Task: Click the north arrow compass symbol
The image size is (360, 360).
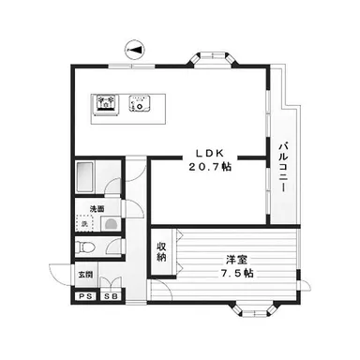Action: click(134, 50)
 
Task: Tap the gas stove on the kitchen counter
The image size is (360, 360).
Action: click(106, 104)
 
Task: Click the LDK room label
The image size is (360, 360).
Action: click(210, 153)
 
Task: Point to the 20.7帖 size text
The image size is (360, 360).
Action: click(210, 167)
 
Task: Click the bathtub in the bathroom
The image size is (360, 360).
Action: click(85, 177)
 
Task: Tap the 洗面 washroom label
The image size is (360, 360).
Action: click(97, 209)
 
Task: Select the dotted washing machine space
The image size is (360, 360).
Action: click(85, 223)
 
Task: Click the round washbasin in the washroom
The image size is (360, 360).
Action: click(111, 224)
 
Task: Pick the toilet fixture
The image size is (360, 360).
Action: click(85, 247)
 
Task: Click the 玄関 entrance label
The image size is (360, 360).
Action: click(85, 275)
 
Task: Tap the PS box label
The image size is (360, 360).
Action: click(85, 296)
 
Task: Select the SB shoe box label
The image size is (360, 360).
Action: click(112, 296)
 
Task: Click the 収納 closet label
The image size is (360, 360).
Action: click(161, 251)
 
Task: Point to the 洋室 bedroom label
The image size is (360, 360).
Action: click(237, 260)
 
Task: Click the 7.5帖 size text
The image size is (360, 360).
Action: click(237, 274)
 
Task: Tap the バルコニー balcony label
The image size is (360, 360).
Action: click(283, 167)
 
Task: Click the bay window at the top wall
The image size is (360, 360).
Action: click(213, 59)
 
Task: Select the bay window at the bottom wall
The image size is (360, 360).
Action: click(254, 310)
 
